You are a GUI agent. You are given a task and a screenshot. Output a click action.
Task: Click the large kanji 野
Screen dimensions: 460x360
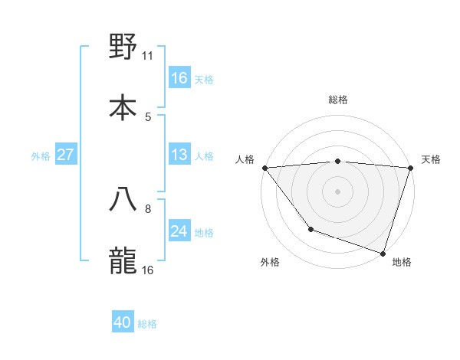[123, 47]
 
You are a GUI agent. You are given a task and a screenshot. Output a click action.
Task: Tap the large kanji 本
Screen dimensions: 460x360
[123, 107]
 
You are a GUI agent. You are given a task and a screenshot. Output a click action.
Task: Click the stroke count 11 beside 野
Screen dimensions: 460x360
[148, 55]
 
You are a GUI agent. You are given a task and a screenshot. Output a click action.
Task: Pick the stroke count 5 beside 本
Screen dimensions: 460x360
[148, 116]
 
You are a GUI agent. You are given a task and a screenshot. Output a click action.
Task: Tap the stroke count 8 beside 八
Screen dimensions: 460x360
[148, 208]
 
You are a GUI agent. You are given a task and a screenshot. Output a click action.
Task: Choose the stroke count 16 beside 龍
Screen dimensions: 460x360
[148, 270]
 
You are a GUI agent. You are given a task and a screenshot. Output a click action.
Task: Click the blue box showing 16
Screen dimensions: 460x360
[179, 78]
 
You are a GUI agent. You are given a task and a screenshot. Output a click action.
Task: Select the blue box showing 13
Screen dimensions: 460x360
[179, 155]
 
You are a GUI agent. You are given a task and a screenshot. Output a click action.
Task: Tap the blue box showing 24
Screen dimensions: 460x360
[179, 231]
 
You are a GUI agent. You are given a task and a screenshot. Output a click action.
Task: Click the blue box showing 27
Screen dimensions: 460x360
[66, 155]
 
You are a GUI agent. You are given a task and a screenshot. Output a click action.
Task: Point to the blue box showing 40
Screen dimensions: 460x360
[123, 323]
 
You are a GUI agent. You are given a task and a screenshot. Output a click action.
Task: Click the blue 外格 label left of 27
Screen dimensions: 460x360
[41, 156]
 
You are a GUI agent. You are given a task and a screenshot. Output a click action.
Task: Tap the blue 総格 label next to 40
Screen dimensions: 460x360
[147, 324]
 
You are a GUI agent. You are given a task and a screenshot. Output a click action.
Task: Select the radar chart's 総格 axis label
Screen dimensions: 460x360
[338, 100]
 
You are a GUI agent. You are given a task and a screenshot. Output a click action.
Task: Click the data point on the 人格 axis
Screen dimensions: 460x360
[265, 168]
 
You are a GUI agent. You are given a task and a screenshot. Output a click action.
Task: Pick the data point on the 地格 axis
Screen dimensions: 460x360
[383, 252]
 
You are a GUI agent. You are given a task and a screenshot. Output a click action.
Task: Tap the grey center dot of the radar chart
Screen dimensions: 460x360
[338, 191]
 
